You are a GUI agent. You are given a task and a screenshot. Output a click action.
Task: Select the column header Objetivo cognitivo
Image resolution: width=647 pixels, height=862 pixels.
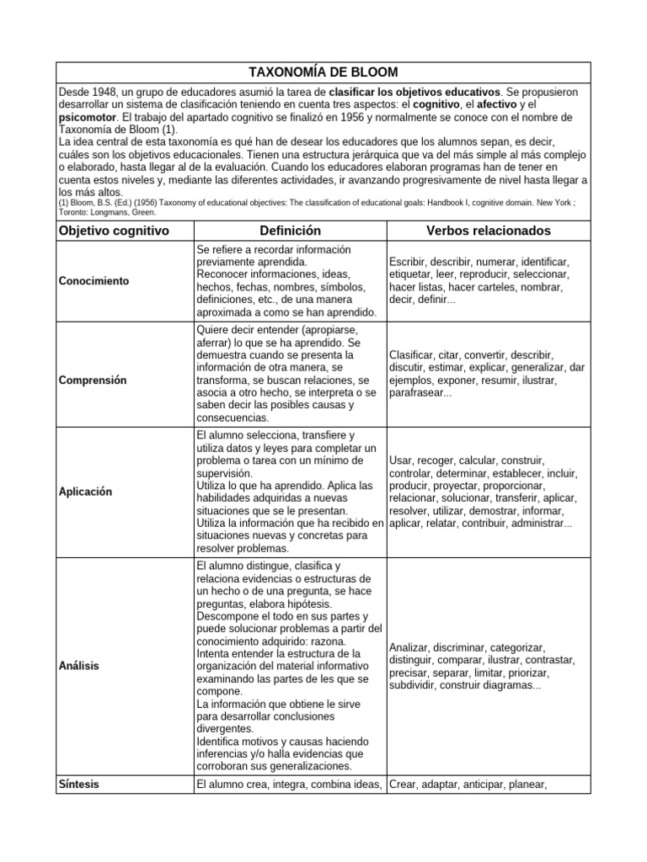tap(114, 231)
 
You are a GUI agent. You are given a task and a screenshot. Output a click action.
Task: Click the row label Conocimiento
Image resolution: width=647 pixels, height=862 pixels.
tap(94, 281)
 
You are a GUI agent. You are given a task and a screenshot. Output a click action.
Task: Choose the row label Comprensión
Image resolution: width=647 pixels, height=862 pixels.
tap(93, 380)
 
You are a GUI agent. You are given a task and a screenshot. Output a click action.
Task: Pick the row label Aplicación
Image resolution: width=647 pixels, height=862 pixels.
tap(87, 492)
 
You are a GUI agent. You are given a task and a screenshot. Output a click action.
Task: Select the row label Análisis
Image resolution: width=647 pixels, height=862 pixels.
tap(79, 666)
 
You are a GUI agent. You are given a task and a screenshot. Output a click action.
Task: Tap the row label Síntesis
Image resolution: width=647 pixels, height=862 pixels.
tap(79, 785)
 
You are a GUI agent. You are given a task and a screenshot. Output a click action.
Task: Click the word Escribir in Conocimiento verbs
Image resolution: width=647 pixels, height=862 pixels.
tap(410, 263)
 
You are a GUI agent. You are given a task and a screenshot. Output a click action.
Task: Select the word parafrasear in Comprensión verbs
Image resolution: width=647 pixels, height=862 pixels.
tap(420, 393)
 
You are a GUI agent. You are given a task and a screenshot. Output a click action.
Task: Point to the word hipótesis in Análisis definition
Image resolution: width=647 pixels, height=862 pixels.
tap(312, 604)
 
